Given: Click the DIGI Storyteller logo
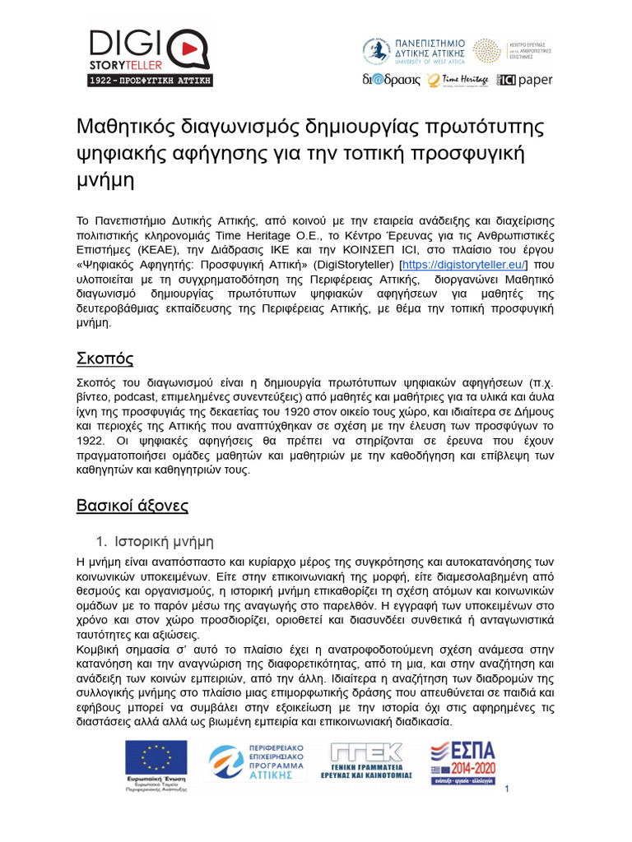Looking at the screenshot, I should point(151,49).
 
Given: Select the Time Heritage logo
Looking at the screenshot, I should point(458,80).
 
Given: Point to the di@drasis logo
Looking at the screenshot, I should point(392,80).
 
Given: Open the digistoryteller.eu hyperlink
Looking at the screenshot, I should point(462,263).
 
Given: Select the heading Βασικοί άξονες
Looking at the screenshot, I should point(132,505).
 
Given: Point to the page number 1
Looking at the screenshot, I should point(508,790).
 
